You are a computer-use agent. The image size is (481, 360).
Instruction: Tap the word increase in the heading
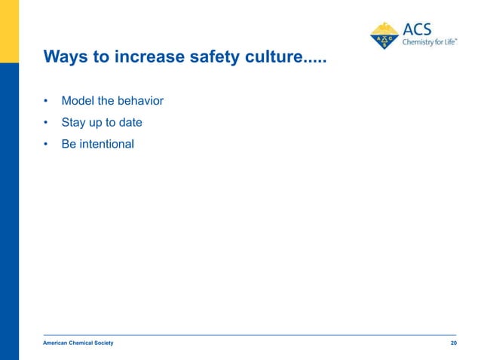(x=141, y=57)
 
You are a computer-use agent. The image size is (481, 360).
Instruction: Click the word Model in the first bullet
(x=78, y=100)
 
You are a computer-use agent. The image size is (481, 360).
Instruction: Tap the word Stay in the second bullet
(x=74, y=122)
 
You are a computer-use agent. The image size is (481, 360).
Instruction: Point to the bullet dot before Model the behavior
(x=46, y=101)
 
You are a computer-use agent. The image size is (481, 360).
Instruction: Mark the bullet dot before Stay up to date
(x=46, y=123)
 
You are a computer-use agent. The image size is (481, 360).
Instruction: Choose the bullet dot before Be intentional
(x=46, y=144)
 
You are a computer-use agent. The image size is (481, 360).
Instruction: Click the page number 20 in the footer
(x=452, y=343)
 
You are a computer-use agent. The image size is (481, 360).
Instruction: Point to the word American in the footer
(x=57, y=343)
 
